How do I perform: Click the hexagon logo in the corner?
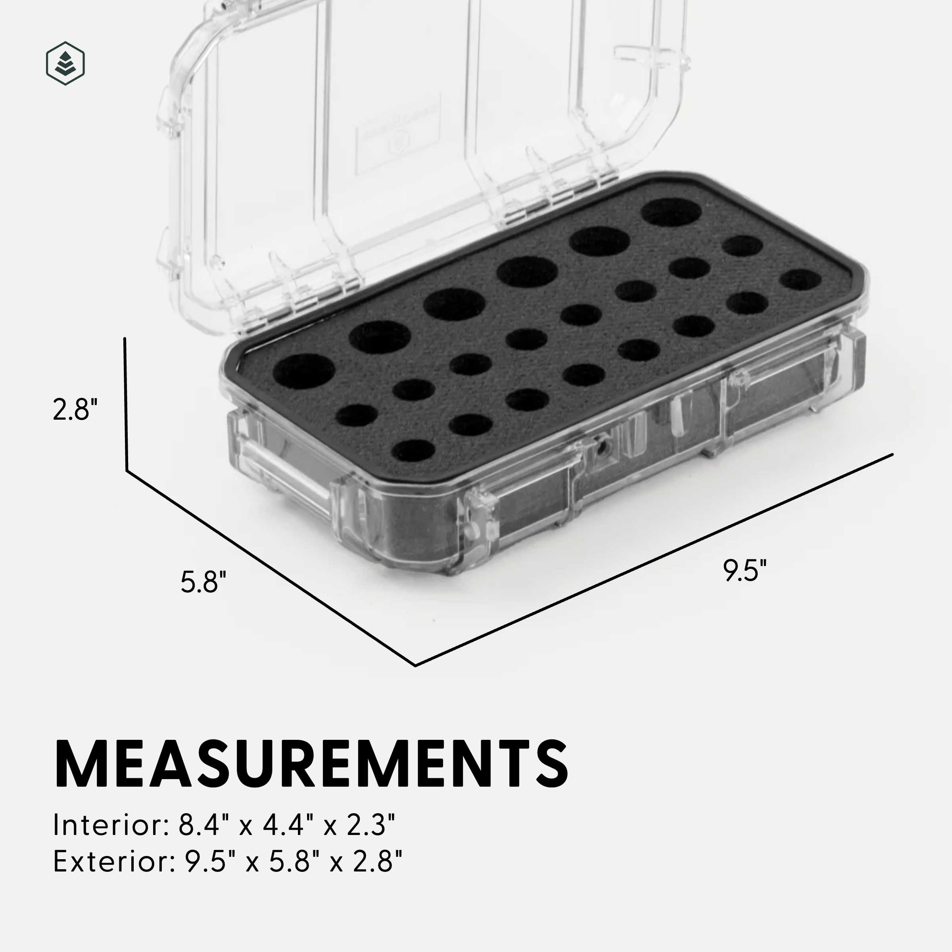(x=65, y=63)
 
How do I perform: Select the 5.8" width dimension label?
(x=203, y=582)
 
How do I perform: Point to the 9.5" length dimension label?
(x=745, y=571)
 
